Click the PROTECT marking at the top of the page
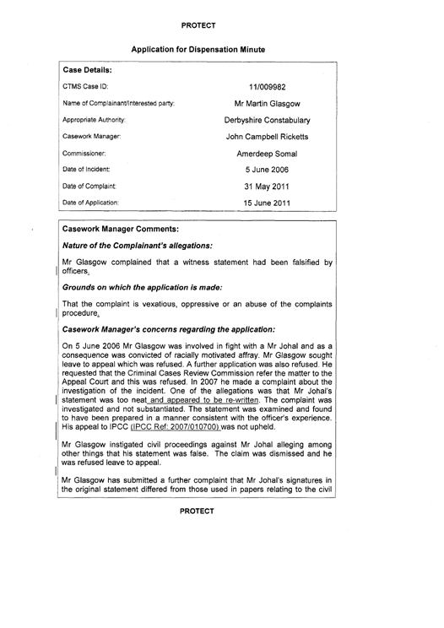(x=221, y=14)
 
